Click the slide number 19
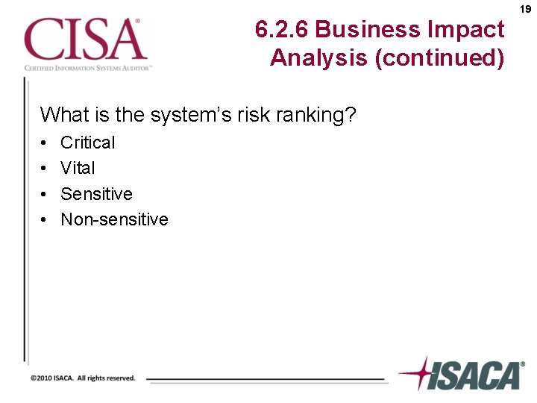[526, 10]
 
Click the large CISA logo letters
[83, 40]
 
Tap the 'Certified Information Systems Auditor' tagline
[88, 68]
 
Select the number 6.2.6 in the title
[282, 30]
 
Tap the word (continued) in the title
[440, 57]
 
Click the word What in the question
[62, 115]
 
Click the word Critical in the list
[88, 142]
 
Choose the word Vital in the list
[78, 168]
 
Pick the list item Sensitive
[96, 194]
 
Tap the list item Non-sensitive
[114, 219]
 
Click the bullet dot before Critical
[45, 143]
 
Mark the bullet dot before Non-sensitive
[45, 220]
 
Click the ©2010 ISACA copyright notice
[83, 378]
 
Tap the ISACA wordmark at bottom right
[477, 375]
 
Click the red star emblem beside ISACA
[421, 372]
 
